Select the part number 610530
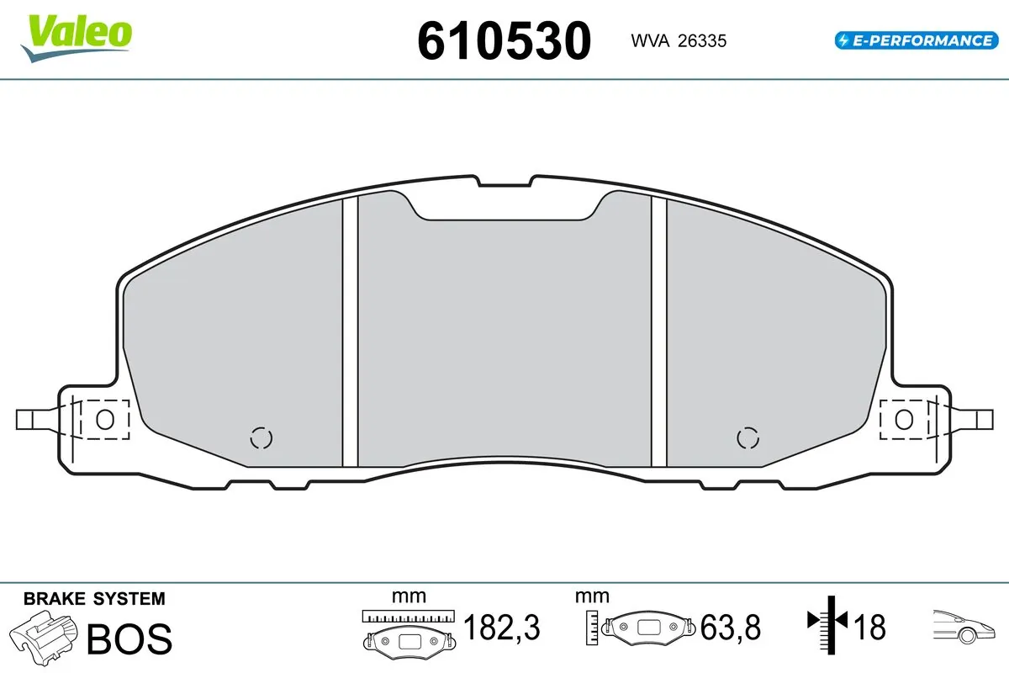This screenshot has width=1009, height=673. pyautogui.click(x=504, y=40)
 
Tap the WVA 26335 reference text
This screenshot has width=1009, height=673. pyautogui.click(x=679, y=40)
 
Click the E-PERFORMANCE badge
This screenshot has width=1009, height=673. pyautogui.click(x=915, y=40)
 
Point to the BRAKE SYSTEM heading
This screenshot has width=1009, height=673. pyautogui.click(x=94, y=599)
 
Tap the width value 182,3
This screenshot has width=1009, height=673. pyautogui.click(x=501, y=628)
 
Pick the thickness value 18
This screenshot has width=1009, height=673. pyautogui.click(x=870, y=628)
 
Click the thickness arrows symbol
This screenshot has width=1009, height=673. pyautogui.click(x=827, y=622)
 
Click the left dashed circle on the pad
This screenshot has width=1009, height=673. pyautogui.click(x=262, y=438)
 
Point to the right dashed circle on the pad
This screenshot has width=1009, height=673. pyautogui.click(x=747, y=437)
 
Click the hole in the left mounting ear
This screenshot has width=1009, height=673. pyautogui.click(x=105, y=419)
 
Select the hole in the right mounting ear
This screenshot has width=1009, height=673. pyautogui.click(x=904, y=419)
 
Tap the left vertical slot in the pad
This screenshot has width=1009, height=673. pyautogui.click(x=351, y=332)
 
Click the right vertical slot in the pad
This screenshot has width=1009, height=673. pyautogui.click(x=659, y=332)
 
